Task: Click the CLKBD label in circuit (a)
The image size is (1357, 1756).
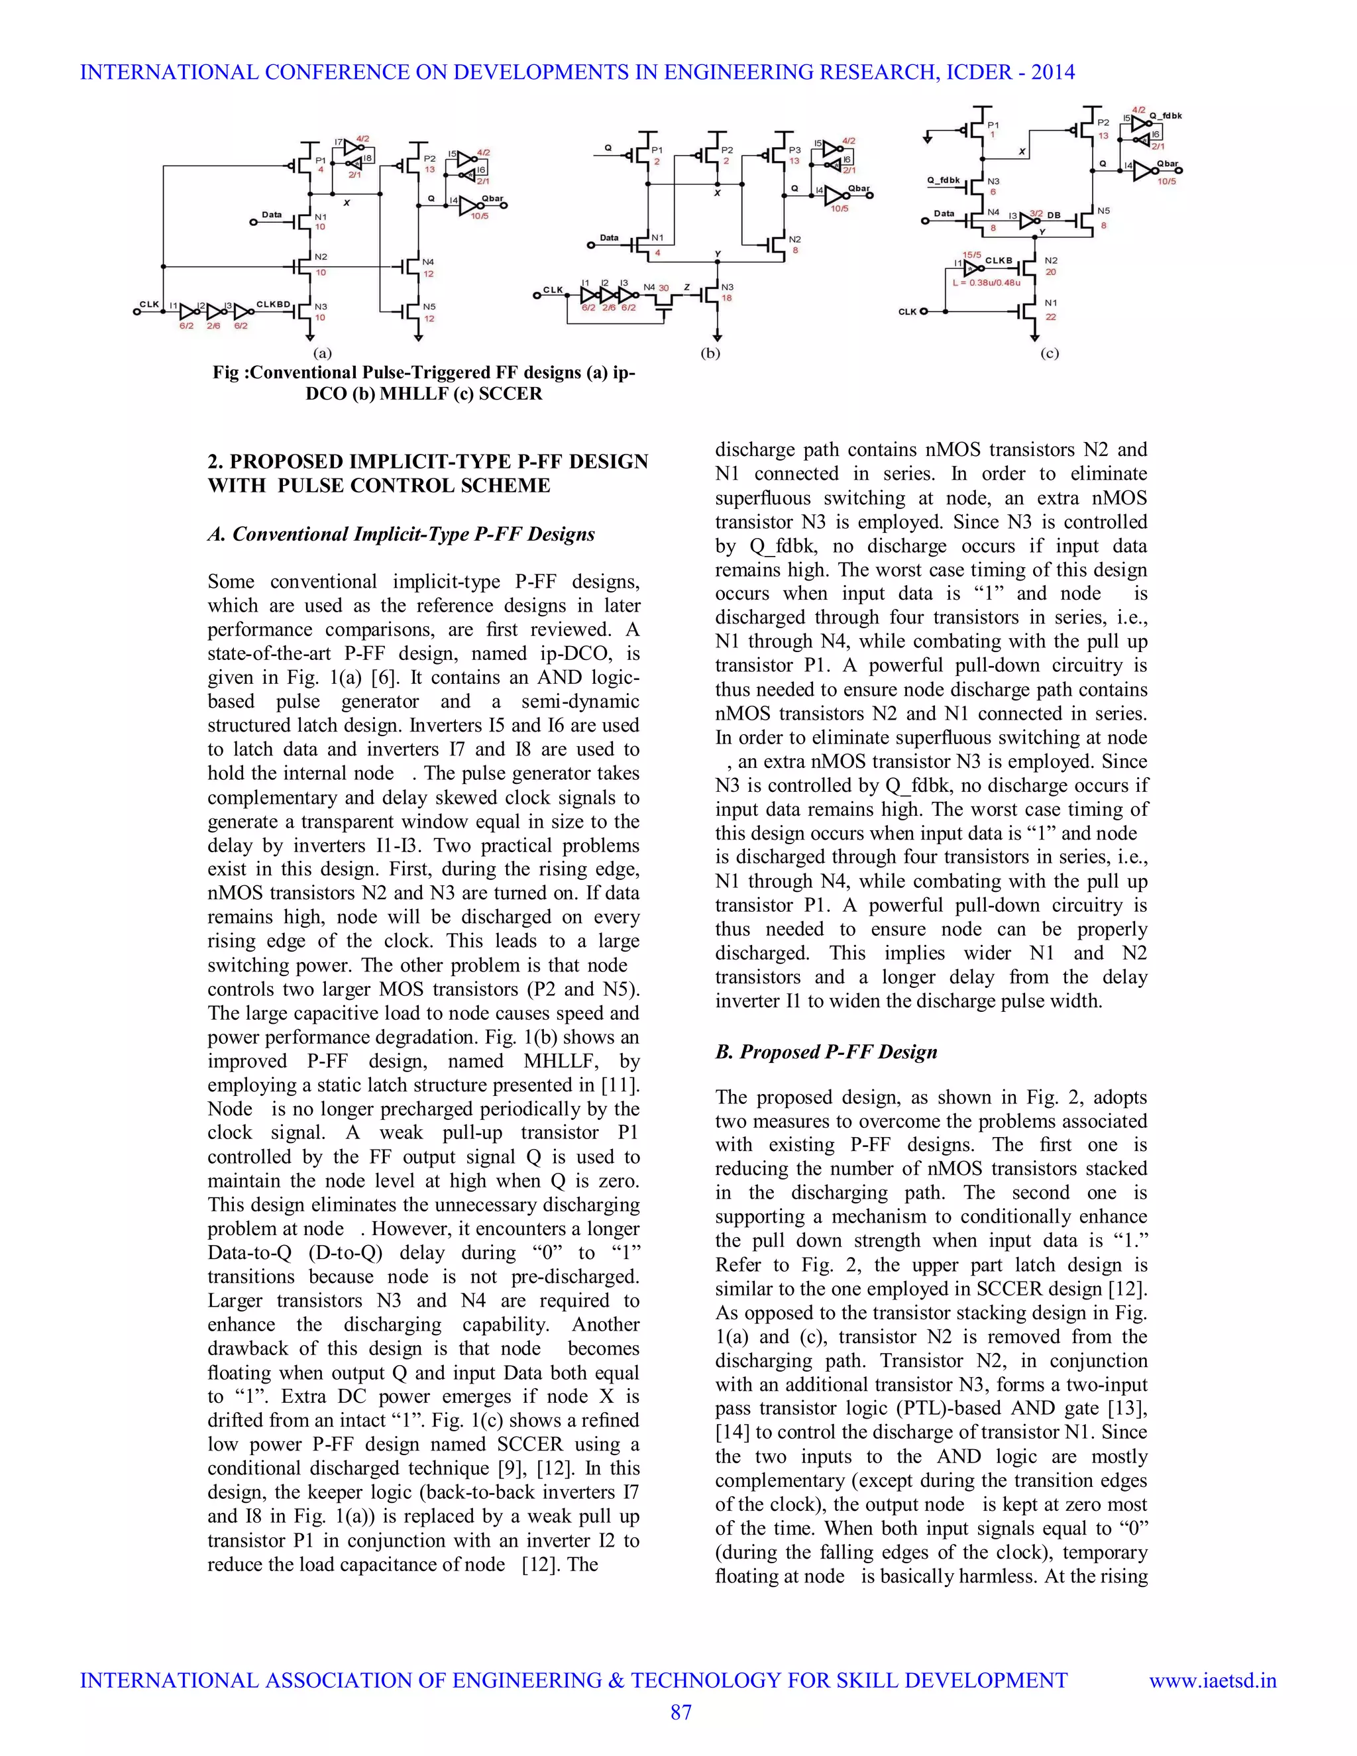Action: click(x=272, y=304)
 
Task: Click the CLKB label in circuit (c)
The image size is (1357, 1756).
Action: click(x=999, y=260)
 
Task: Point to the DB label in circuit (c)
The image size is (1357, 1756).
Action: click(x=1054, y=215)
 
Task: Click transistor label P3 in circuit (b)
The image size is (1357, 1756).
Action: click(x=794, y=150)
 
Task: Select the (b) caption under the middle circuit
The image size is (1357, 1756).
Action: click(x=711, y=353)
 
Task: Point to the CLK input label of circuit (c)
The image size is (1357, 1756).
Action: click(x=907, y=311)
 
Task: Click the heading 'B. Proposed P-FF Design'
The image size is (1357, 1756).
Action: click(x=826, y=1052)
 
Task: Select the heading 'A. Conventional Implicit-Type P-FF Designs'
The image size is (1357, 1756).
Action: click(x=401, y=534)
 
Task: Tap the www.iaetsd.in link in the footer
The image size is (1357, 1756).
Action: click(x=1213, y=1680)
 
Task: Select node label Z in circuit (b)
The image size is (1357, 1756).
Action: click(x=686, y=287)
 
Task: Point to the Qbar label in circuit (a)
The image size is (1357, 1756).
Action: click(x=492, y=197)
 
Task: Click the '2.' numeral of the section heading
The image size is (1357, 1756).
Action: click(x=215, y=461)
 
